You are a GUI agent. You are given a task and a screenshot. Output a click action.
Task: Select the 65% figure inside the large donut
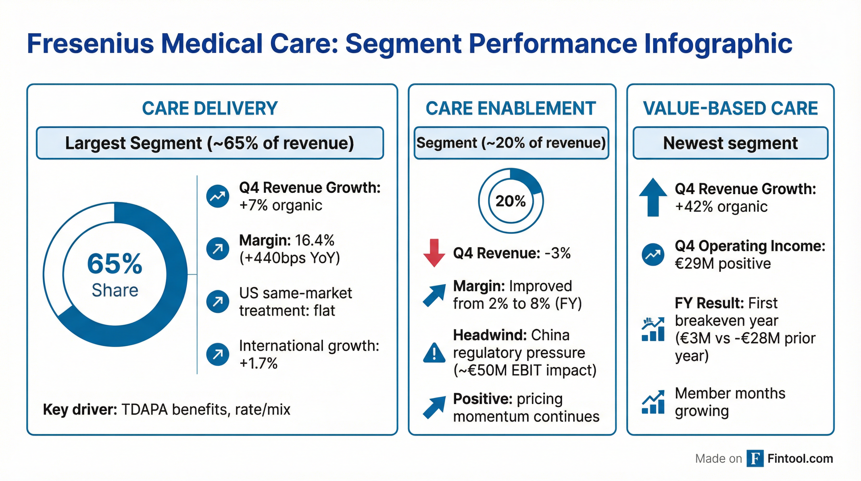115,264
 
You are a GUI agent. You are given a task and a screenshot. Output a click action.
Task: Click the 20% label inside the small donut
510,201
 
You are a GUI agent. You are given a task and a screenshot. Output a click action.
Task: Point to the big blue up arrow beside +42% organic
653,197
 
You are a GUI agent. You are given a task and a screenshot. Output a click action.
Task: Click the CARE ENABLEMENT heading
511,108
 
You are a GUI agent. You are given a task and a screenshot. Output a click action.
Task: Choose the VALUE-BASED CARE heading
730,108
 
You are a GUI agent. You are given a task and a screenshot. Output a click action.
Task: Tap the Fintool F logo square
755,458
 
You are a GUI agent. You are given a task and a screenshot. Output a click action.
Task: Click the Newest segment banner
730,143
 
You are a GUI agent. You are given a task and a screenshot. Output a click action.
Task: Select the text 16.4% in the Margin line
314,240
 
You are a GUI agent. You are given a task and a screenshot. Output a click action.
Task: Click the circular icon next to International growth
217,354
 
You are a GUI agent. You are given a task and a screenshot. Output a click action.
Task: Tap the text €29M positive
723,264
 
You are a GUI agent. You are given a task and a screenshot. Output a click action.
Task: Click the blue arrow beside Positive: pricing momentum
434,407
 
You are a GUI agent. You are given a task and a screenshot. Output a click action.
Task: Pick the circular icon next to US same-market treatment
217,301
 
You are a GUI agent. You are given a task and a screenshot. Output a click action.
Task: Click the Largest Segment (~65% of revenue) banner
210,143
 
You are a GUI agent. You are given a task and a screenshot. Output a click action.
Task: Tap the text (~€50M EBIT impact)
525,370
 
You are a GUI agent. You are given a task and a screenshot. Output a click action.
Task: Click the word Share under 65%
115,290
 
